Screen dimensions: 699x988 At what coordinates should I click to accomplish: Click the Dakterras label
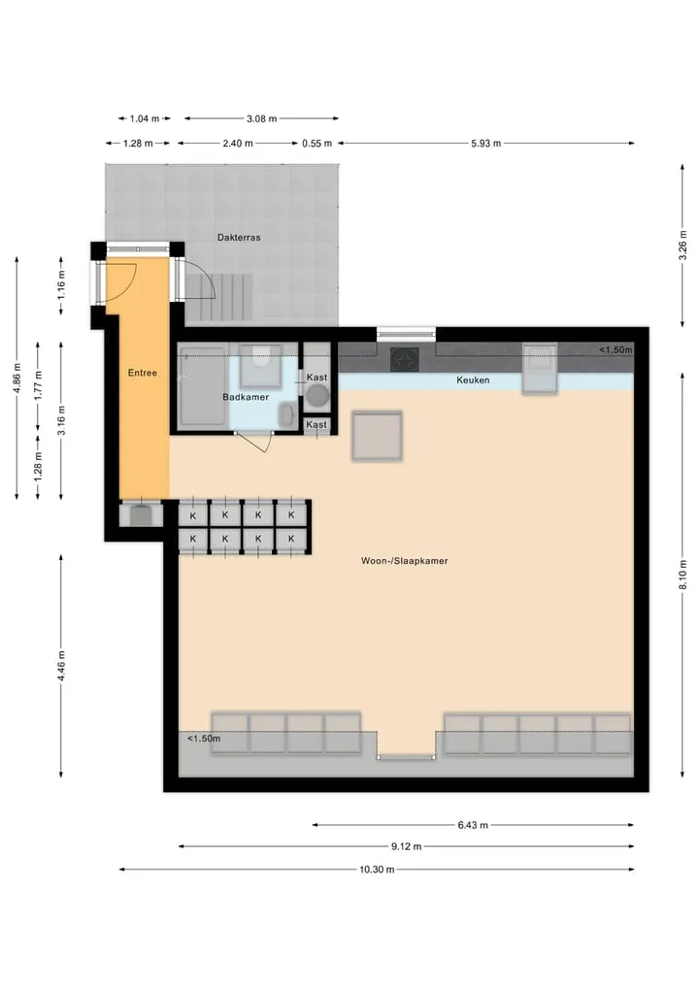239,238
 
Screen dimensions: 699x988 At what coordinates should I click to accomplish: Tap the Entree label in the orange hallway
143,373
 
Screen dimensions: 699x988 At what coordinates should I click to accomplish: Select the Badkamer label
246,397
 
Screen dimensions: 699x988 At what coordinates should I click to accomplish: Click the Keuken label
473,379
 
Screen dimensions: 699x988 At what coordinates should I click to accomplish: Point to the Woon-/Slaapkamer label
405,561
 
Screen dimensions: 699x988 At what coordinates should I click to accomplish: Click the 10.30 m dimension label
377,870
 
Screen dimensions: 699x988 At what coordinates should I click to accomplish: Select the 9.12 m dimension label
406,846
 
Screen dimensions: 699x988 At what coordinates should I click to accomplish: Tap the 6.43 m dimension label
473,825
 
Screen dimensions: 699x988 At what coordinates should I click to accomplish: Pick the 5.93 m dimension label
486,143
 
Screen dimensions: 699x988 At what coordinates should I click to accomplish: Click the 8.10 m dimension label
682,575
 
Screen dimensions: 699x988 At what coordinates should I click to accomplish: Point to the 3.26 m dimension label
682,246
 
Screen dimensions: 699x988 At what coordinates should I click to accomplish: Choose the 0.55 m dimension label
317,143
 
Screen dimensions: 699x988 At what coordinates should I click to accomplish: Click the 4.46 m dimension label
61,666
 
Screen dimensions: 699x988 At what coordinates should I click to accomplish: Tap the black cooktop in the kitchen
405,360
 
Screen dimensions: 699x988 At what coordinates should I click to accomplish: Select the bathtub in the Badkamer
202,387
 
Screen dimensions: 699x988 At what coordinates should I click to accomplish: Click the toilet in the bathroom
260,366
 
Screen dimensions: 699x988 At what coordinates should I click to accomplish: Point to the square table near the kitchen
377,436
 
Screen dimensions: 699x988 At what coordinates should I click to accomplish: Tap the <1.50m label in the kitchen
616,349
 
